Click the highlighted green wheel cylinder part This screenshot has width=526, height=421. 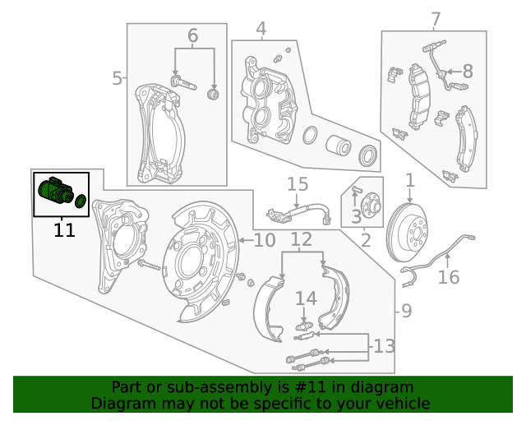[x=56, y=192]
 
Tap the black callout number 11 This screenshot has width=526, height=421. [x=64, y=230]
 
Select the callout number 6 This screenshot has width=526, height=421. [x=193, y=36]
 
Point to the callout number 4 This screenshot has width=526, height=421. [x=261, y=30]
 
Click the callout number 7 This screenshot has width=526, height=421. [x=436, y=19]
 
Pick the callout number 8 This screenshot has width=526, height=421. [x=468, y=72]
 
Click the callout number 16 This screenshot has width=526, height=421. [x=449, y=277]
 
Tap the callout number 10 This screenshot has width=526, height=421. [x=264, y=240]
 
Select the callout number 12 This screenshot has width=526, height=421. [x=302, y=240]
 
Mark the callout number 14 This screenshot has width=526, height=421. [x=306, y=298]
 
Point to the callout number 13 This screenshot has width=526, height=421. [x=384, y=346]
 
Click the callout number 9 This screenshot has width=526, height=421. [x=406, y=311]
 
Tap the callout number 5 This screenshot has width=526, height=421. [x=117, y=79]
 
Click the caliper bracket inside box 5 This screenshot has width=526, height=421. [x=159, y=132]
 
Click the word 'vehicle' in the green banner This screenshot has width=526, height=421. [x=402, y=403]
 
